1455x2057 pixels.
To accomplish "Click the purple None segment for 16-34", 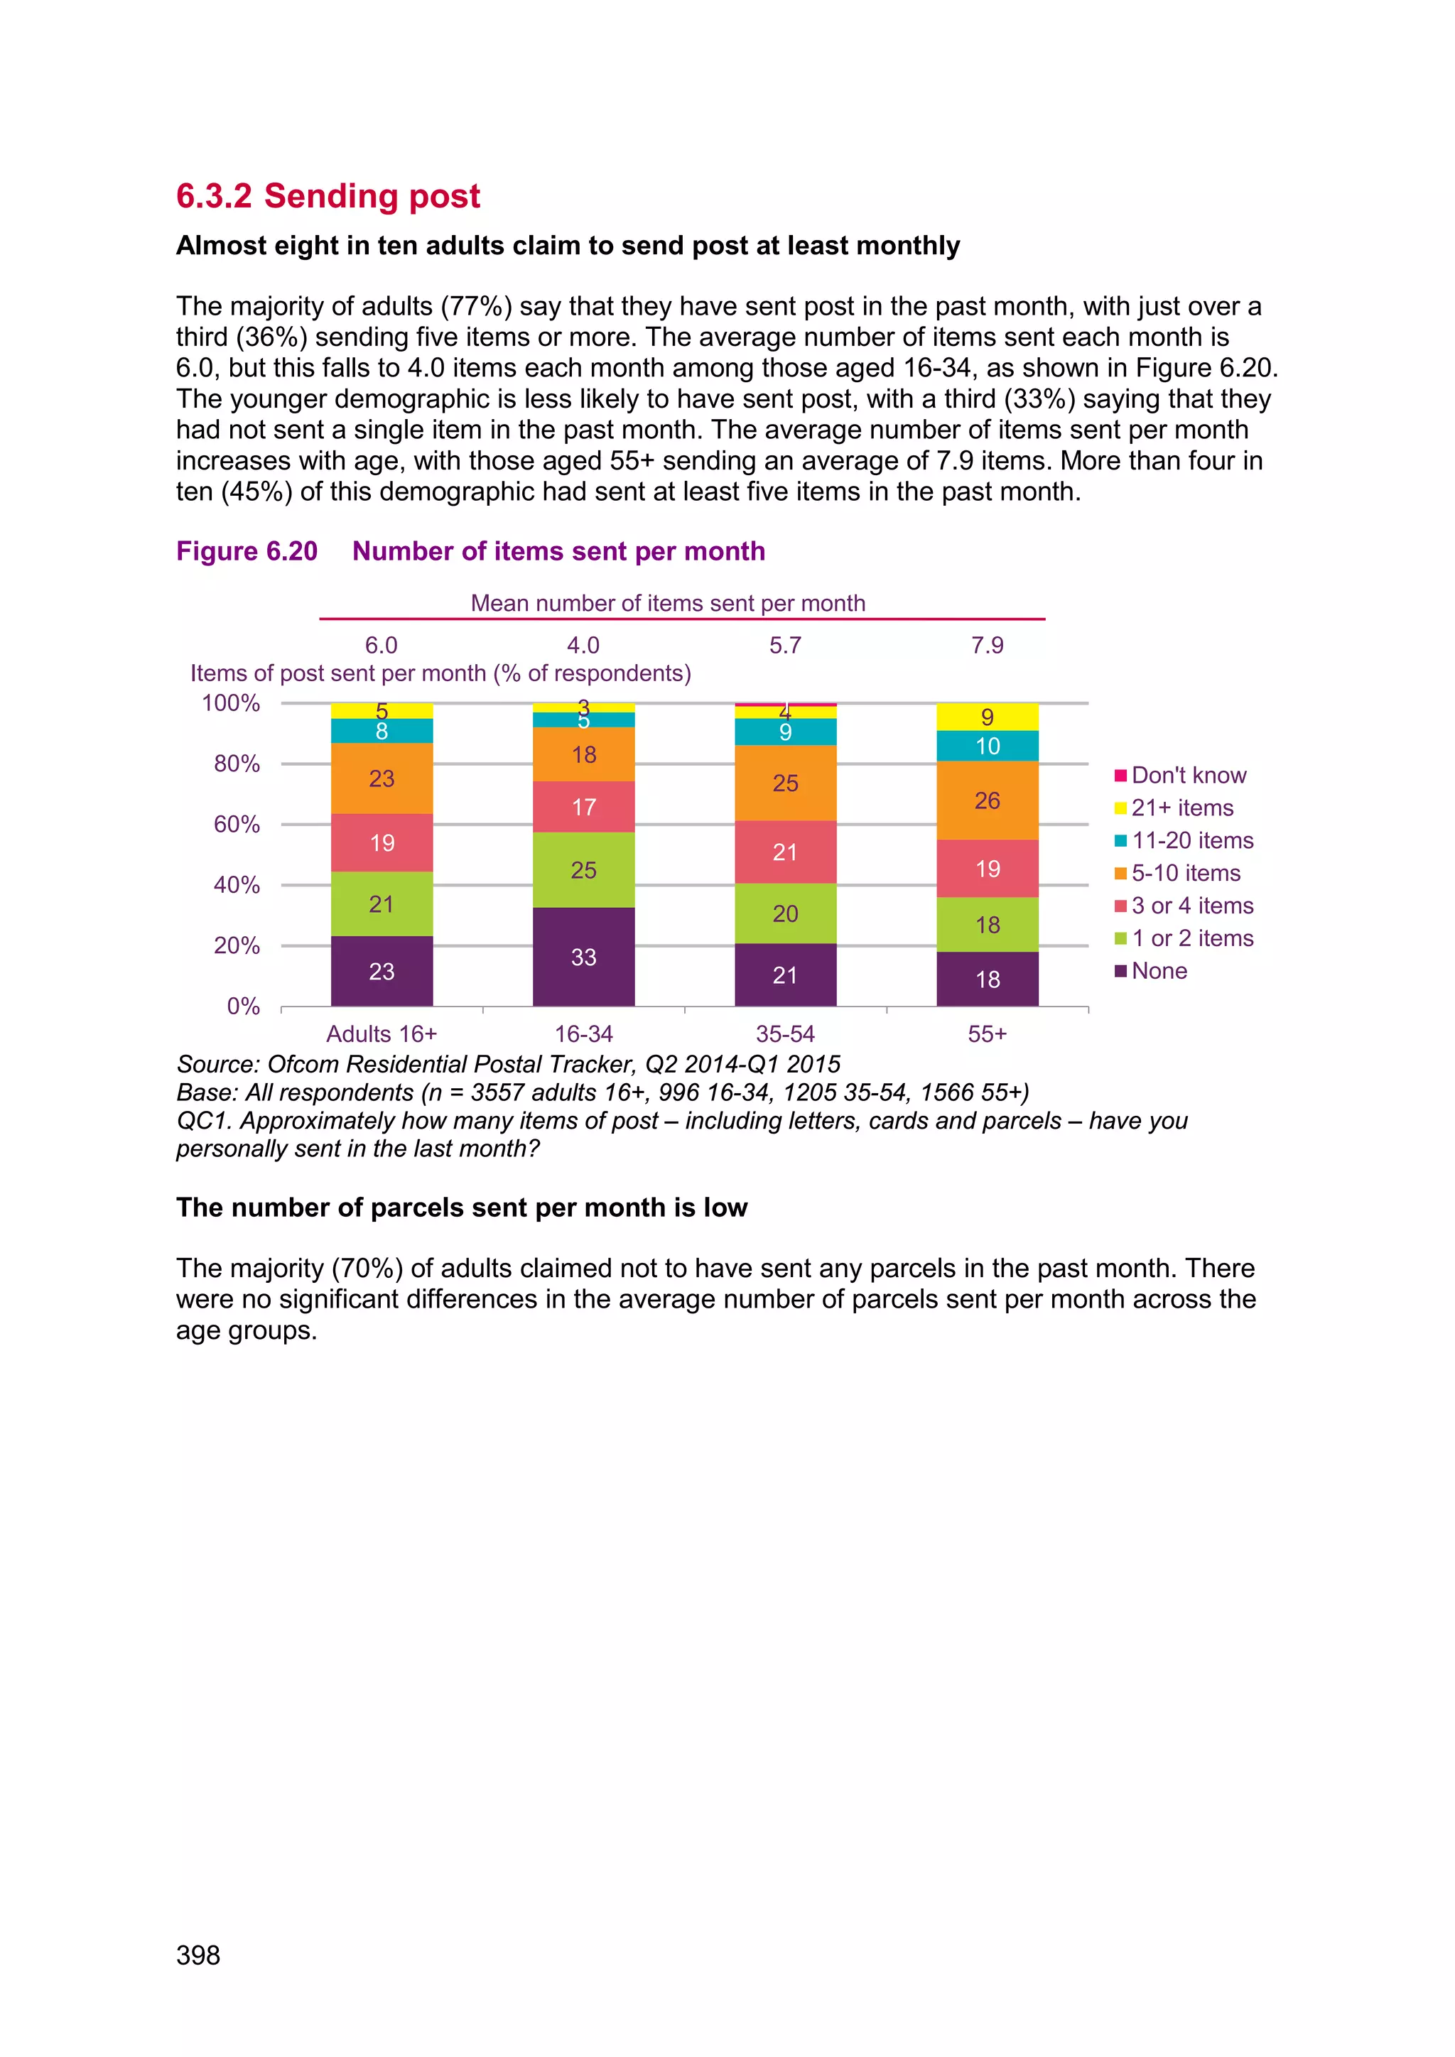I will coord(583,956).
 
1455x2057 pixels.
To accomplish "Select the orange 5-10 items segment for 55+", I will coord(988,800).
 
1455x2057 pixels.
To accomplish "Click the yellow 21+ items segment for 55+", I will coord(988,717).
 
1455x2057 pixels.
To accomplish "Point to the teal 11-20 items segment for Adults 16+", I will coord(382,731).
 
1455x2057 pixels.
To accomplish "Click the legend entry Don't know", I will coord(1188,775).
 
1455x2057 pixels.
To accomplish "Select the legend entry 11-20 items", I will coord(1191,840).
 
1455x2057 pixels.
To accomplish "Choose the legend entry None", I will coord(1159,971).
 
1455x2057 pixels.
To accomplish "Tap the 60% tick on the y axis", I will coord(237,824).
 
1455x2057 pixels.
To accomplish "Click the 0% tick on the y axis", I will coord(243,1006).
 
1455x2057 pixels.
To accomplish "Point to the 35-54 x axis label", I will coord(785,1034).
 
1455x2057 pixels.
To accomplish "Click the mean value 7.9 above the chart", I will coord(988,645).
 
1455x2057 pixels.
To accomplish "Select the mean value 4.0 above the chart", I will coord(583,645).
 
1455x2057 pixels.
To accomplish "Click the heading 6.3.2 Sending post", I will coord(328,196).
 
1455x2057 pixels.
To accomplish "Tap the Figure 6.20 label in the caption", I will coord(247,551).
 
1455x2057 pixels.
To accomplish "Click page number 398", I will coord(198,1955).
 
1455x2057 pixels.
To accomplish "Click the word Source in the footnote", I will coord(217,1064).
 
